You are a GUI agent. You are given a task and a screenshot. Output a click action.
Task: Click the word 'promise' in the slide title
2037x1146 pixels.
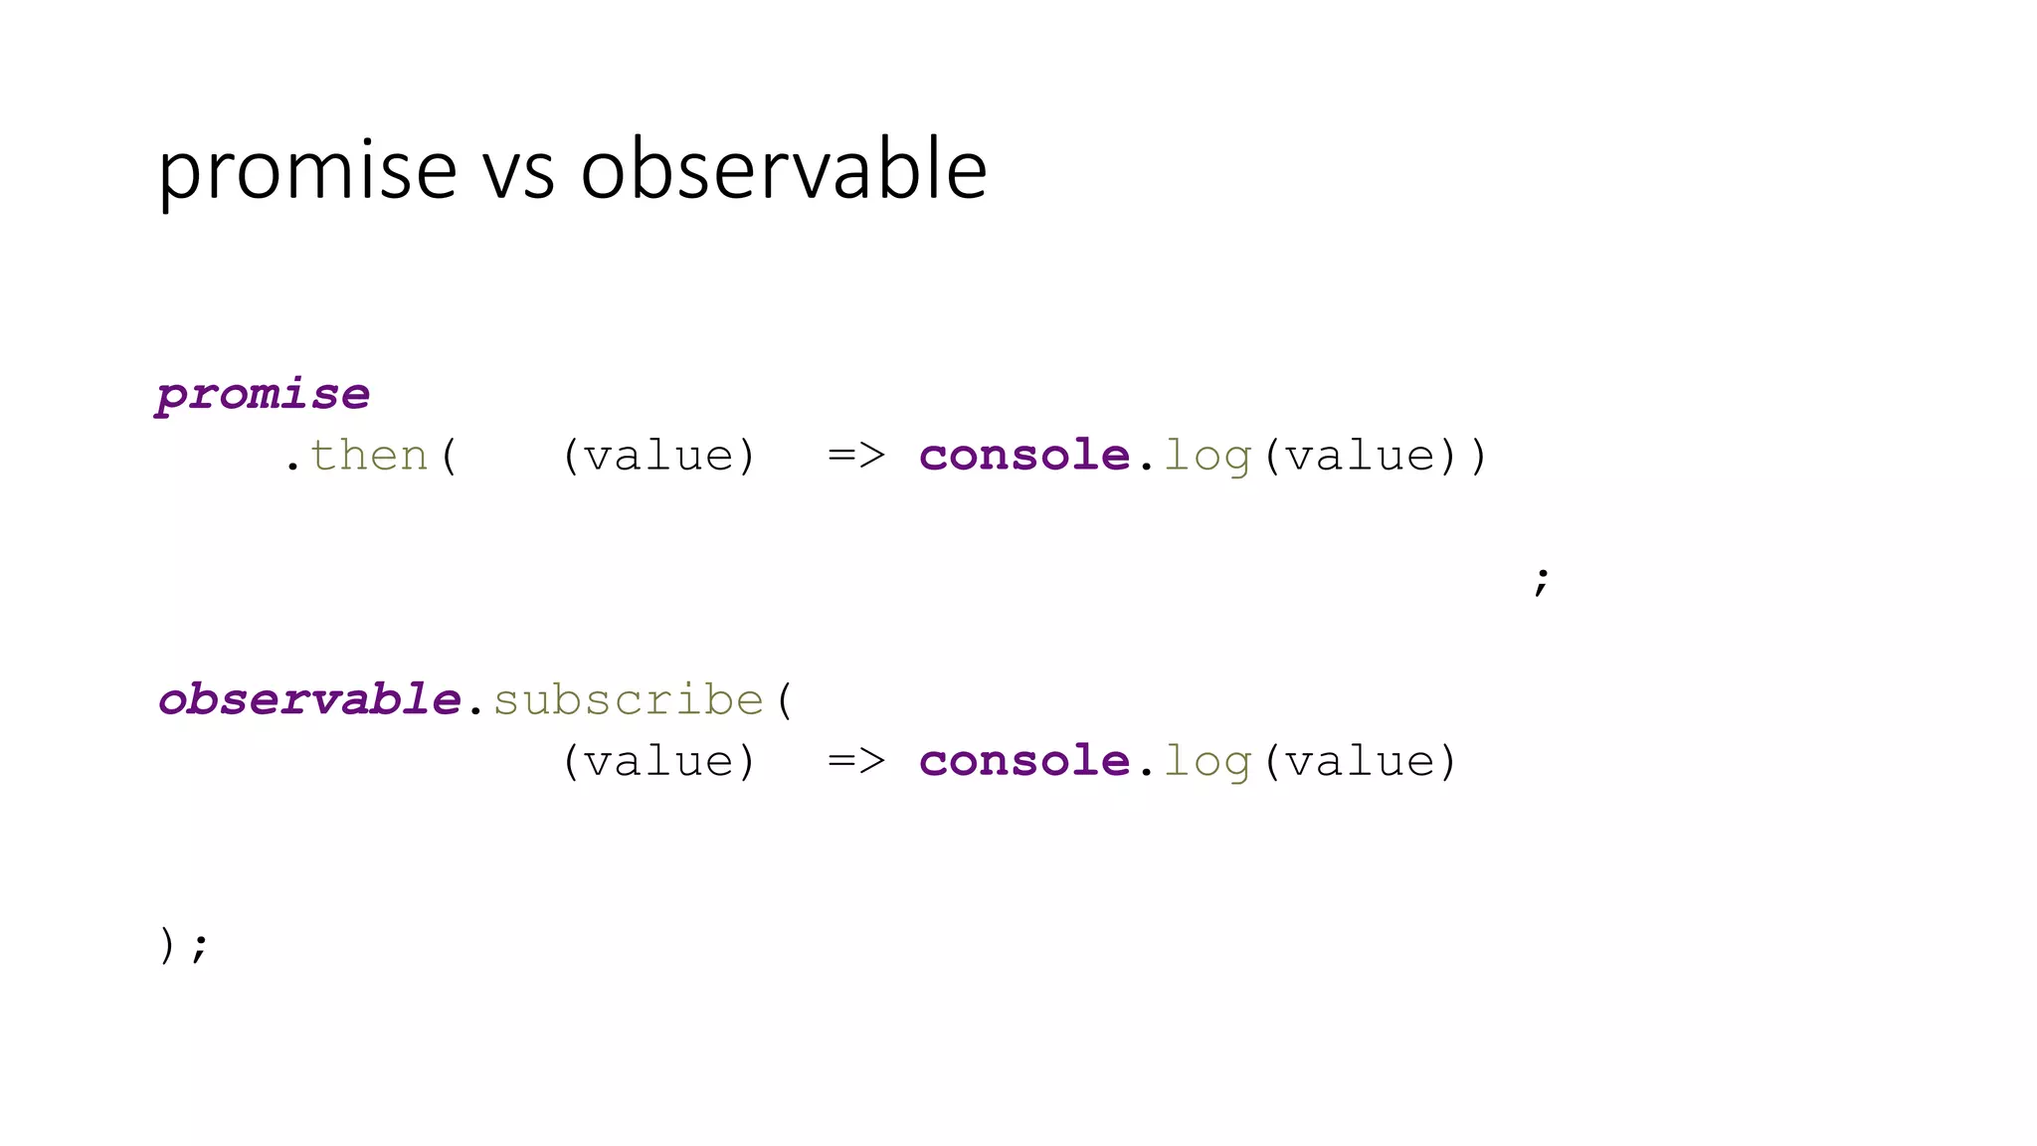tap(307, 171)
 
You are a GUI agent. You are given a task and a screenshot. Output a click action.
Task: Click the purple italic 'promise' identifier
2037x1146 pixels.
tap(264, 395)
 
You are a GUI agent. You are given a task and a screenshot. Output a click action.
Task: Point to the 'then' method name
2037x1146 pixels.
tap(369, 456)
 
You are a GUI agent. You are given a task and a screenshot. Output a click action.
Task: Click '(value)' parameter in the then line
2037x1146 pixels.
tap(659, 456)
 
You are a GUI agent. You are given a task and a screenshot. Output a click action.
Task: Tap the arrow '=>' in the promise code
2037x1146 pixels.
tap(856, 456)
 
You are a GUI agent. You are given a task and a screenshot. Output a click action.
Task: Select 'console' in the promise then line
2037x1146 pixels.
tap(1024, 456)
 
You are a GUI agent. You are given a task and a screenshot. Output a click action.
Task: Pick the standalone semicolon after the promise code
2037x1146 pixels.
tap(1541, 580)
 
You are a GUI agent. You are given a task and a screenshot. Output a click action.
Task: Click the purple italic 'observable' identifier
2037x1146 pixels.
tap(309, 699)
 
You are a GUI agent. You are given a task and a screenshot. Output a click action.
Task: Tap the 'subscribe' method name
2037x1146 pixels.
tap(629, 700)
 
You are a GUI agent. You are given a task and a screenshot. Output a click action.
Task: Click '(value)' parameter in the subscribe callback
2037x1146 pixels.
tap(659, 762)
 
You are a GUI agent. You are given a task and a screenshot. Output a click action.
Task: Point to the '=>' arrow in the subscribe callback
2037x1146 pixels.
tap(856, 762)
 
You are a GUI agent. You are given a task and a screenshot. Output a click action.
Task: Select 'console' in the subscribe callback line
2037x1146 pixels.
tap(1024, 762)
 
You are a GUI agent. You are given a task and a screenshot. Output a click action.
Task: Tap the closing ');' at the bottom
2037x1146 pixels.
tap(184, 945)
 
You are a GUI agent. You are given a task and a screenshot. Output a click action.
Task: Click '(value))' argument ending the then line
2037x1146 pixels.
tap(1375, 457)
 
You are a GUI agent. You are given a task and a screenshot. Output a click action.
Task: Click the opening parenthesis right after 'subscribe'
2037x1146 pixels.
tap(786, 700)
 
